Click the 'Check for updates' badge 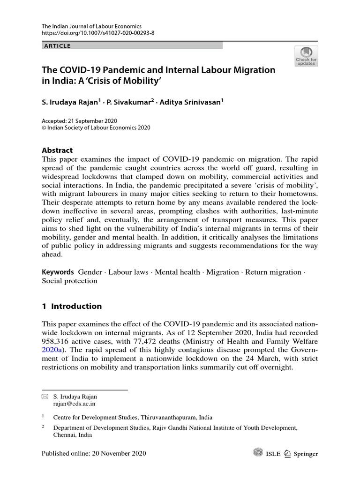point(306,56)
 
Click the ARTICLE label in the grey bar point(57,46)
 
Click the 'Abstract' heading point(57,150)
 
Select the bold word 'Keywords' point(58,272)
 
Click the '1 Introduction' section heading point(72,306)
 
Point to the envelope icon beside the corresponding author point(45,397)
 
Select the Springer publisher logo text point(305,454)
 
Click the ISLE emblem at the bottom point(258,453)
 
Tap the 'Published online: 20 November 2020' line point(94,453)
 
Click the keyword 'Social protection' point(69,281)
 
